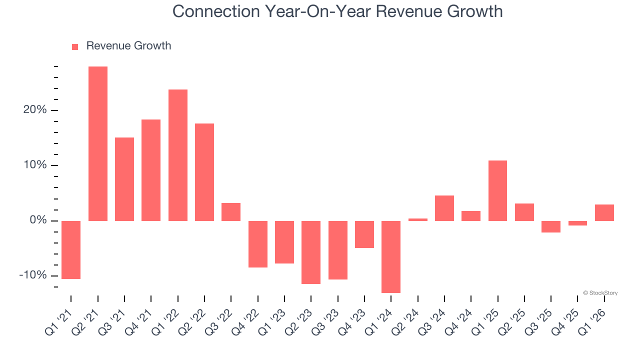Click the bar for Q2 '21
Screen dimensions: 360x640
pyautogui.click(x=98, y=143)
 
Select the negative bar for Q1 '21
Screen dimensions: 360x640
pyautogui.click(x=71, y=249)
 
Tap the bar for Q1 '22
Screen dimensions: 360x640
pyautogui.click(x=178, y=155)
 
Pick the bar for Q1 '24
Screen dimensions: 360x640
pyautogui.click(x=391, y=256)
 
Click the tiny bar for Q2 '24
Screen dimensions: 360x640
pyautogui.click(x=418, y=219)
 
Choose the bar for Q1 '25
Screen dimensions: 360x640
pyautogui.click(x=497, y=190)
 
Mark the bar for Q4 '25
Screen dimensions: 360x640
pyautogui.click(x=577, y=223)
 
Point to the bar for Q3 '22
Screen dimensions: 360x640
pyautogui.click(x=231, y=211)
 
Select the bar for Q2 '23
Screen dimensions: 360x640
pyautogui.click(x=311, y=252)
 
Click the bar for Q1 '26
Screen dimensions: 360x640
pyautogui.click(x=604, y=212)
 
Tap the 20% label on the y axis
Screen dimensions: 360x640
pyautogui.click(x=35, y=110)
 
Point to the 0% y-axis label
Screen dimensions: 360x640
pyautogui.click(x=38, y=220)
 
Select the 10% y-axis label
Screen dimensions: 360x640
pyautogui.click(x=35, y=165)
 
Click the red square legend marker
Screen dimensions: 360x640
pyautogui.click(x=75, y=47)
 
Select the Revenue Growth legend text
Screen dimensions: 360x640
pyautogui.click(x=128, y=46)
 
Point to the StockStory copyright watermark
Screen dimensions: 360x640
pyautogui.click(x=600, y=293)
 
